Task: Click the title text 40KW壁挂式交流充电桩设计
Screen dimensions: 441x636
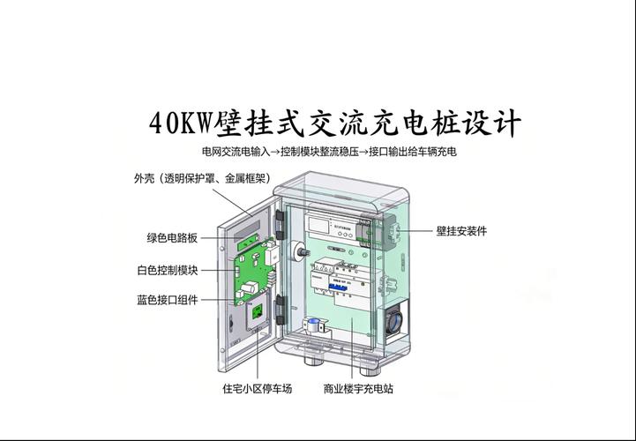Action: click(335, 123)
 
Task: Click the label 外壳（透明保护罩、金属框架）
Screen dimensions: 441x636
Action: click(202, 178)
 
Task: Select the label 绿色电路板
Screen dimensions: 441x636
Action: click(172, 238)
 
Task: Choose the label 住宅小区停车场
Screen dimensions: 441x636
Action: click(257, 388)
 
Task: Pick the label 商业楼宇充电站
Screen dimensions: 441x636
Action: click(358, 388)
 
